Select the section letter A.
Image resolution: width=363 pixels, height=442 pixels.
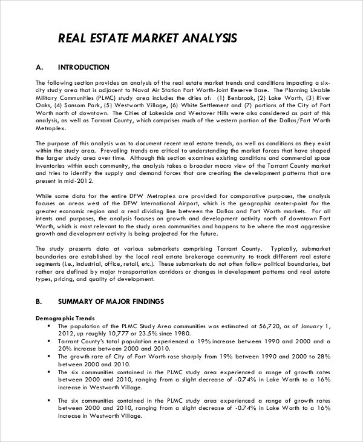[x=39, y=67]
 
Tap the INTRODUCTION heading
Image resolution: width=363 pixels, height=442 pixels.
[x=83, y=67]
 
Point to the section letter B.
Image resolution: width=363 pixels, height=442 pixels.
[x=39, y=301]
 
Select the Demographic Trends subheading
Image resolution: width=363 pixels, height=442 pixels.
[x=64, y=317]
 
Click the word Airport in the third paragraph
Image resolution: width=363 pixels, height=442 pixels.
[x=172, y=204]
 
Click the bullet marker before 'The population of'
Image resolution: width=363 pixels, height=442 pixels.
[x=48, y=325]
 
